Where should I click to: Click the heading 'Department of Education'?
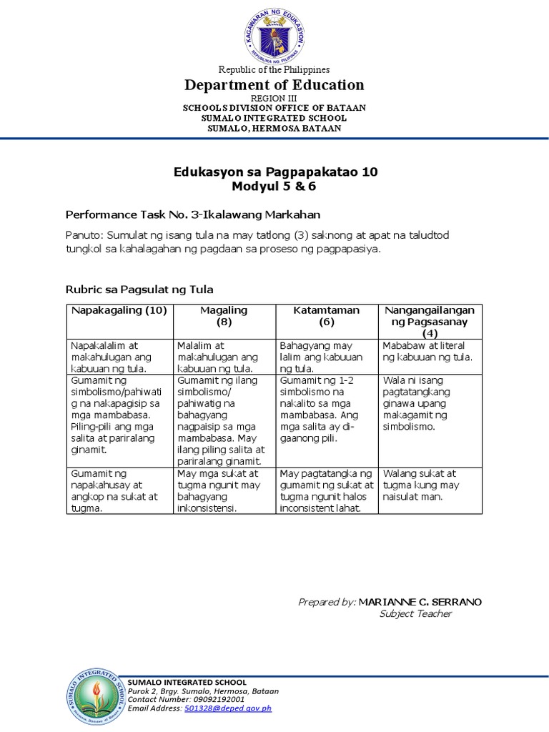pos(274,85)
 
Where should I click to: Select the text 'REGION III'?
pos(274,97)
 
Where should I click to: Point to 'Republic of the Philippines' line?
pos(274,69)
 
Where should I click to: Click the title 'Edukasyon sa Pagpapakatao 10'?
pos(275,172)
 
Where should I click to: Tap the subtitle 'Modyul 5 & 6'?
pos(274,187)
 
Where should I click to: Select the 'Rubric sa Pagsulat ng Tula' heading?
pos(139,290)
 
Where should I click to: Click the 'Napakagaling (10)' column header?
pos(118,310)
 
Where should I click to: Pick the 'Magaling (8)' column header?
pos(224,316)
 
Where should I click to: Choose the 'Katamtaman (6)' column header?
pos(327,316)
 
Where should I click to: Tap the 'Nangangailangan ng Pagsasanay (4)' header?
pos(430,322)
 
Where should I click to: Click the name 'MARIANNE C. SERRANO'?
pos(420,602)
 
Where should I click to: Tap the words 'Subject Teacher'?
pos(415,613)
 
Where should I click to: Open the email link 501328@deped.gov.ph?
pos(228,708)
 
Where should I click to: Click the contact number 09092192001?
pos(215,700)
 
